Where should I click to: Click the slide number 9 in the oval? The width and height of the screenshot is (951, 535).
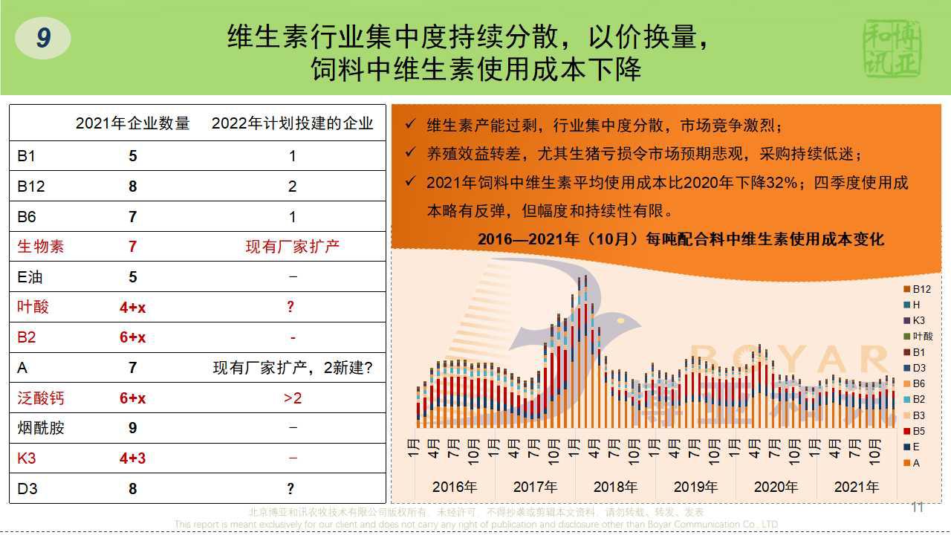[x=43, y=38]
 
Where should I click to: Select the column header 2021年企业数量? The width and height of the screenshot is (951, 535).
[x=133, y=123]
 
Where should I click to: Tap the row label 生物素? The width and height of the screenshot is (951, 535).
[x=41, y=246]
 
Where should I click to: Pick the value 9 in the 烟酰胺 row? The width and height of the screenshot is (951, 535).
[x=133, y=428]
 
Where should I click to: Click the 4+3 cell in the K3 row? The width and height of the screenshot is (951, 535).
[x=133, y=458]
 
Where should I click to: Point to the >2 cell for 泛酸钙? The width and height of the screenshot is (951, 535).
[x=293, y=398]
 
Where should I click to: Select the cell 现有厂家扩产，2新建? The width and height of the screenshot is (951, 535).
[x=293, y=368]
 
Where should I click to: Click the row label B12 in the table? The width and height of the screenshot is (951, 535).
[x=31, y=186]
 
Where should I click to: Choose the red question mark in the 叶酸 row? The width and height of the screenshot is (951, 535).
[x=291, y=307]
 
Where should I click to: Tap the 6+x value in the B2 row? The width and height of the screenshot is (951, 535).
[x=133, y=337]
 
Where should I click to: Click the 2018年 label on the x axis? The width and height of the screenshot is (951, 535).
[x=615, y=487]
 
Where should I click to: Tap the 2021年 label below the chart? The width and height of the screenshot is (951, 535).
[x=856, y=487]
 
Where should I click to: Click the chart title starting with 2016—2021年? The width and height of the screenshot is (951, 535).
[x=681, y=239]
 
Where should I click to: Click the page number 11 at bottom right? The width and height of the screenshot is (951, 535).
[x=918, y=508]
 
